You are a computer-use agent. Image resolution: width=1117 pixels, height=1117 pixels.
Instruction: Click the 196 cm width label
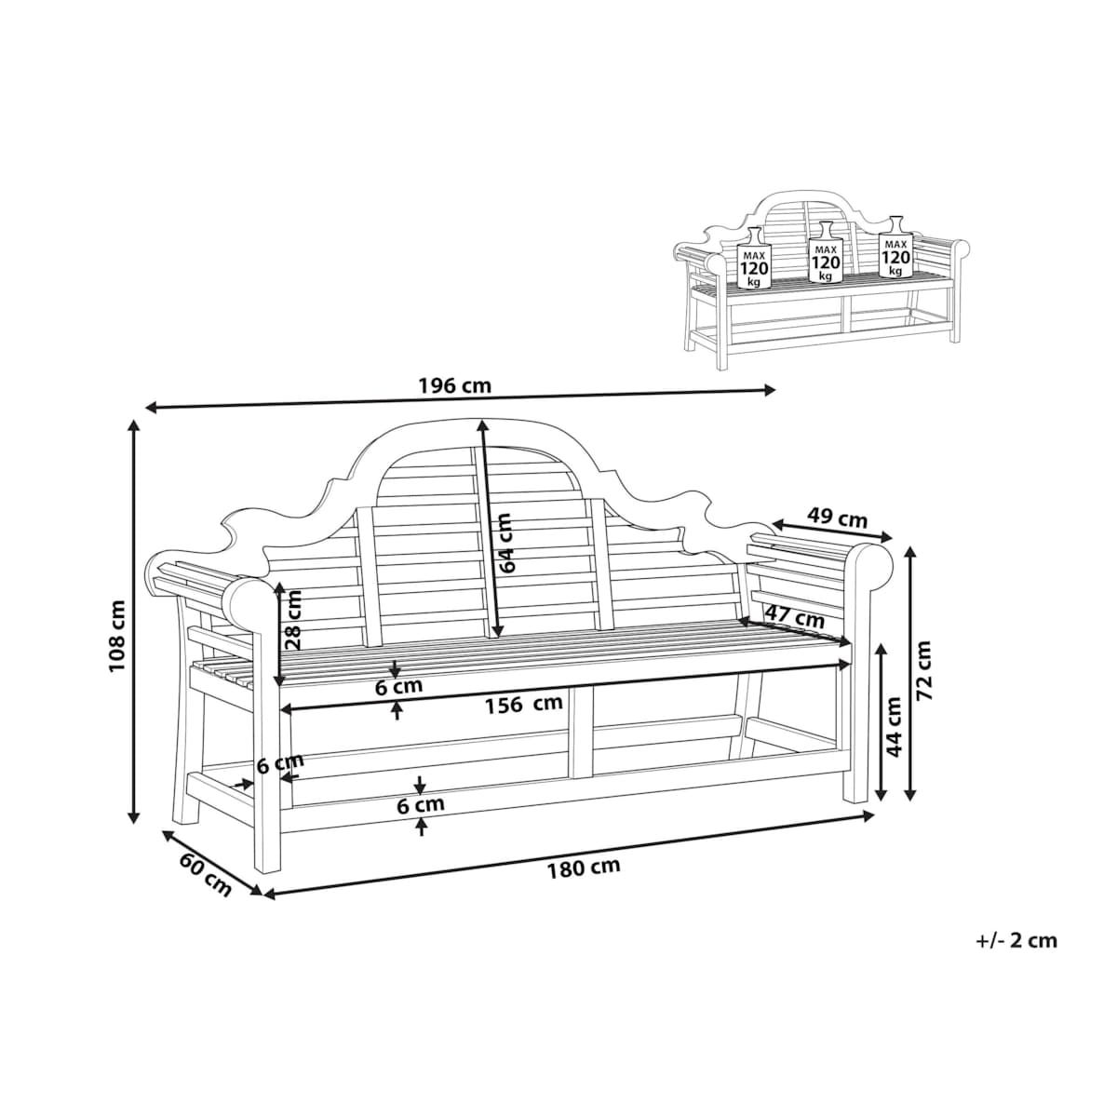pos(454,385)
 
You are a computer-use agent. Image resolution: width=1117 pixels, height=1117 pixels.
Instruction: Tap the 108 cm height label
pos(117,636)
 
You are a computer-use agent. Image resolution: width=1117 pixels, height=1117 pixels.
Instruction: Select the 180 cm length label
pos(584,884)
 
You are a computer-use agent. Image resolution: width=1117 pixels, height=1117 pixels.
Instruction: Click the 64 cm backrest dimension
pos(506,543)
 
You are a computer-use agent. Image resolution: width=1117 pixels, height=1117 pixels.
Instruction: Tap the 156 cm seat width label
pos(523,704)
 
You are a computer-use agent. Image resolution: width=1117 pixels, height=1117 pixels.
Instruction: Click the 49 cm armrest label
pos(837,517)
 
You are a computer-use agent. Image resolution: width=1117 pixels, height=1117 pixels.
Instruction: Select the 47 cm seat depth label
pos(795,617)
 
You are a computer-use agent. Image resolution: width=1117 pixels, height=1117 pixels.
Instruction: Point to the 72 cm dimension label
pos(923,670)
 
